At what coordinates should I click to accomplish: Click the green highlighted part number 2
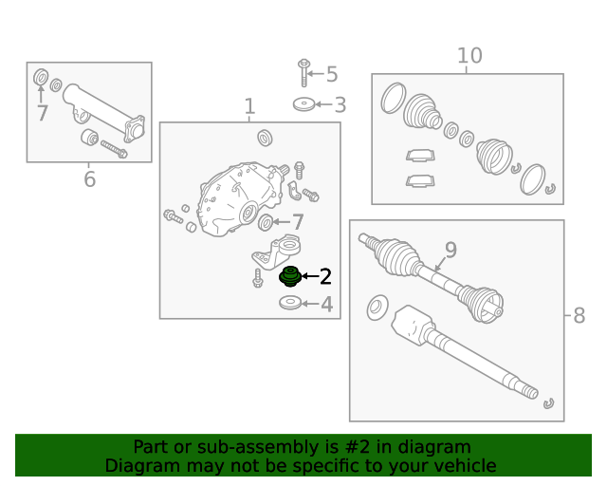pyautogui.click(x=290, y=277)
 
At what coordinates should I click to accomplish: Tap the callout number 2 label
pyautogui.click(x=325, y=276)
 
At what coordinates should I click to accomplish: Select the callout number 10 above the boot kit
pyautogui.click(x=469, y=55)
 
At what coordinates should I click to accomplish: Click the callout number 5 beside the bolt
pyautogui.click(x=332, y=74)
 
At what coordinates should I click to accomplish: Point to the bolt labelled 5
pyautogui.click(x=303, y=72)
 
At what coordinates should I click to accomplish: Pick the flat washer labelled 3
pyautogui.click(x=303, y=103)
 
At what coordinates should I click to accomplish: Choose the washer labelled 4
pyautogui.click(x=290, y=303)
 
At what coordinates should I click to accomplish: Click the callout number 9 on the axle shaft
pyautogui.click(x=451, y=250)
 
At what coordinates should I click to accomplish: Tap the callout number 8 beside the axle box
pyautogui.click(x=579, y=315)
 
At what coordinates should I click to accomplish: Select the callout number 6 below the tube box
pyautogui.click(x=89, y=179)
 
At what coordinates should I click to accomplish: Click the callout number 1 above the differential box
pyautogui.click(x=249, y=106)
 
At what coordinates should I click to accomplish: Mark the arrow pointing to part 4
pyautogui.click(x=310, y=304)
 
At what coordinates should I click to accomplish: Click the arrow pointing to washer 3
pyautogui.click(x=323, y=104)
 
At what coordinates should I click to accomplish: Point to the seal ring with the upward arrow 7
pyautogui.click(x=41, y=77)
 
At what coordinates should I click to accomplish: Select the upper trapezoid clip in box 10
pyautogui.click(x=420, y=155)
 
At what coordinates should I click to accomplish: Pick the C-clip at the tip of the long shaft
pyautogui.click(x=548, y=403)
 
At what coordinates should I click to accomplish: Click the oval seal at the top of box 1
pyautogui.click(x=265, y=138)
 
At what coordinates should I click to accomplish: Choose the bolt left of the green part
pyautogui.click(x=258, y=278)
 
